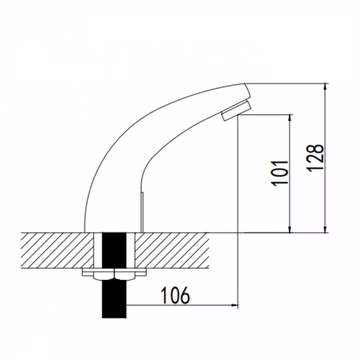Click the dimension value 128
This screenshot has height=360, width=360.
click(315, 158)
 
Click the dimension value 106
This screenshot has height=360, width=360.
click(175, 295)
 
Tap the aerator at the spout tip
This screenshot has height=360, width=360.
click(237, 111)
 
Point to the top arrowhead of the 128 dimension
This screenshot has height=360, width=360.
click(325, 87)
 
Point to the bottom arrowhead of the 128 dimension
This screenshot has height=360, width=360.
click(325, 229)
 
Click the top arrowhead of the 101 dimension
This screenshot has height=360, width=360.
click(290, 118)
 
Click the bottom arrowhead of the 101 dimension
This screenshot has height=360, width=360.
click(290, 229)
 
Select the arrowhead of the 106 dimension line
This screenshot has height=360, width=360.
click(234, 305)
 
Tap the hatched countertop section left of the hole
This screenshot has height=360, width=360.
click(57, 250)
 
